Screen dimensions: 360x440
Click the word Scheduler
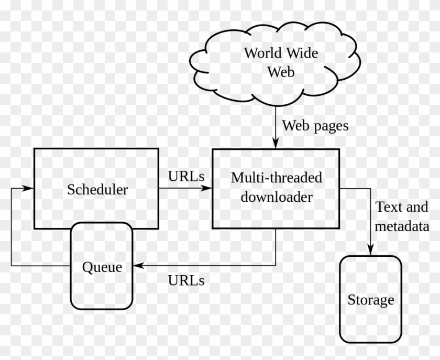[97, 189]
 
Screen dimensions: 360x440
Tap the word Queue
[102, 267]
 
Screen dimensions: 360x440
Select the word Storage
[371, 300]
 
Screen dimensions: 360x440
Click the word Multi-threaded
[277, 178]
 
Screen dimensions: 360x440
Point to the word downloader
[277, 197]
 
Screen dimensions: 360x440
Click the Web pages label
[315, 126]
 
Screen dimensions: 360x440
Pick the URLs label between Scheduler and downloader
[186, 176]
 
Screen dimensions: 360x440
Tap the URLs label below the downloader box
[186, 280]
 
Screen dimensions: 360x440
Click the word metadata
[403, 226]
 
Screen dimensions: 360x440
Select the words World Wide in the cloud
[281, 53]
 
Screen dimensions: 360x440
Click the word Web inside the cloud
[281, 72]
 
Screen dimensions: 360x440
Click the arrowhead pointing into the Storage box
[371, 252]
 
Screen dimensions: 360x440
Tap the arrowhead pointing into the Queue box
[138, 266]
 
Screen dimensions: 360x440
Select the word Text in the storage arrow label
[389, 207]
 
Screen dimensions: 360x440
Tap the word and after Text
[417, 207]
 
